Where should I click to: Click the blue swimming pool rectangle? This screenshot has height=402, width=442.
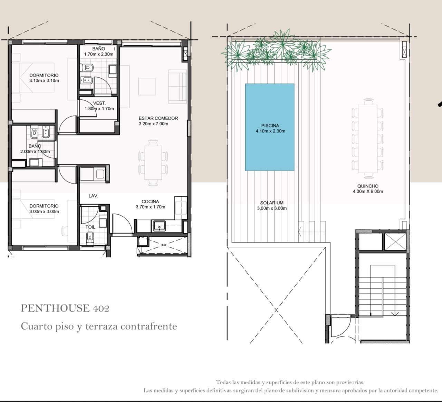[270, 127]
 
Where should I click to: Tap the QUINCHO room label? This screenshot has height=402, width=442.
[368, 186]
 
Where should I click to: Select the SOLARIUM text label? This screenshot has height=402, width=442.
[272, 203]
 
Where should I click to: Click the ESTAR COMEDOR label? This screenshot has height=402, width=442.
[158, 118]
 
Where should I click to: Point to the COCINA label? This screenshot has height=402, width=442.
[150, 202]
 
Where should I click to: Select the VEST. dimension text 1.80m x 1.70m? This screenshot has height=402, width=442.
[99, 109]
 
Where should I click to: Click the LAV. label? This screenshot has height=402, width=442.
[94, 196]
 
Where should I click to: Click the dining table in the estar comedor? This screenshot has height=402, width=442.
[153, 163]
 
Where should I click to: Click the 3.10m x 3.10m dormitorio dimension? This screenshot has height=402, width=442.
[44, 81]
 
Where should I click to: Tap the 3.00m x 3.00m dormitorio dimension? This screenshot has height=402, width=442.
[44, 212]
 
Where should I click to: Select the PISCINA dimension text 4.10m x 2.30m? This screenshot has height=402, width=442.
[270, 131]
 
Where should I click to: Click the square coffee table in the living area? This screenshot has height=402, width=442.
[147, 86]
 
